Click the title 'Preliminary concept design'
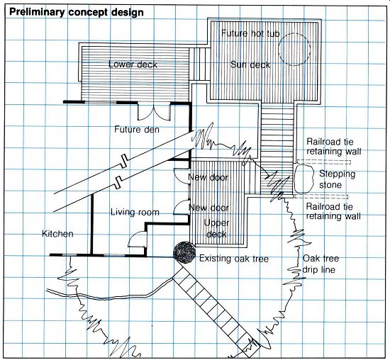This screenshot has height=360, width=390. coord(77,13)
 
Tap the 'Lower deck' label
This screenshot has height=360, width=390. coord(133,64)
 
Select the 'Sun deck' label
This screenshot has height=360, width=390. coord(250,64)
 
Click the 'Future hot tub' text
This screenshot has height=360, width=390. coord(250,33)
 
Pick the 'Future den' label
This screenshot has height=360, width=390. coord(137,129)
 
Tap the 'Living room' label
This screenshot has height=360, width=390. coord(135,212)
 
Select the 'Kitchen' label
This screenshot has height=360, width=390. coord(57,234)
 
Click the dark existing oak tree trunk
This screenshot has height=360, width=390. coord(184,252)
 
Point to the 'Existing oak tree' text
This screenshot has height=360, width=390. coord(234,259)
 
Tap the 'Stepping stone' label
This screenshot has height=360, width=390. coord(337,179)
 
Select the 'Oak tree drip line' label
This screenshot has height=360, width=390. coord(321,264)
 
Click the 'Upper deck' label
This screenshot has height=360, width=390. coord(216,228)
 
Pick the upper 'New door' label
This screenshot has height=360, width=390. coord(208,177)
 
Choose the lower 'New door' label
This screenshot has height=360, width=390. coord(208,208)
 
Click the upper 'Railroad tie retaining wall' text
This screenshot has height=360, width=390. coord(333,147)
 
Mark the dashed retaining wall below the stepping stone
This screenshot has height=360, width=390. coord(321,197)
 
